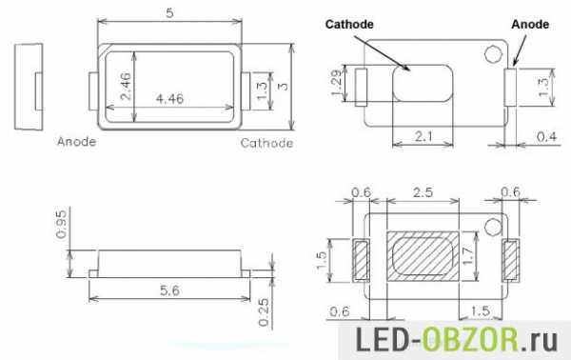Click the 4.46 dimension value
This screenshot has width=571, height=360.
tap(169, 98)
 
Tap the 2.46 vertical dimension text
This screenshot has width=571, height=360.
tap(126, 86)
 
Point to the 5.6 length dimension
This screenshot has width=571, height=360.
tap(169, 290)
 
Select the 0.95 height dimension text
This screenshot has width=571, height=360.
tap(61, 224)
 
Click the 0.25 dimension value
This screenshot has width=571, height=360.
tap(263, 312)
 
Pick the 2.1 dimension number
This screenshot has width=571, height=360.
tap(423, 136)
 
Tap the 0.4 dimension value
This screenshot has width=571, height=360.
tap(546, 136)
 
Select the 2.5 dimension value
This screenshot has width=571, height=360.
tap(423, 192)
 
